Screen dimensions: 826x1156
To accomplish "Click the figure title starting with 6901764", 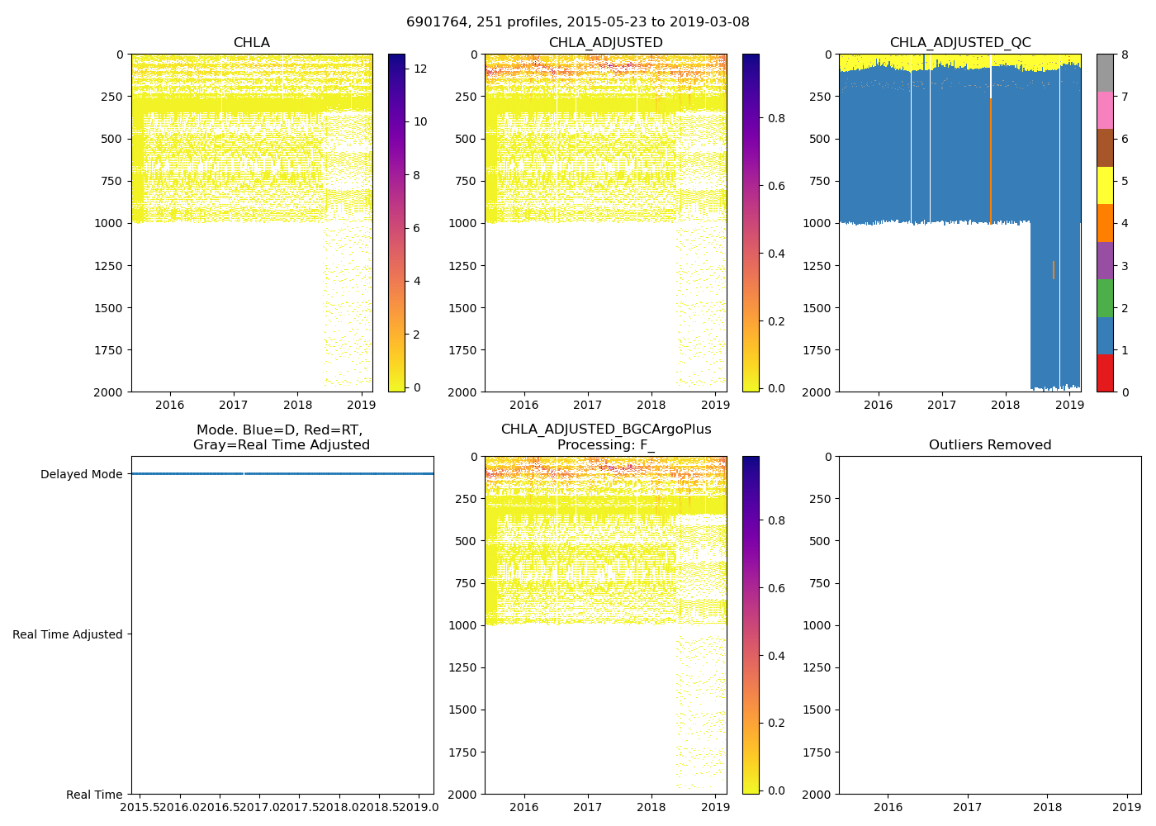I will (577, 22).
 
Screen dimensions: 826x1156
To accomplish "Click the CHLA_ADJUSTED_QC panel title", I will (959, 43).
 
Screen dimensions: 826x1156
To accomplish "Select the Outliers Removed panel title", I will (989, 445).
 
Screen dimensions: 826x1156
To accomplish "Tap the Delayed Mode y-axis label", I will (81, 474).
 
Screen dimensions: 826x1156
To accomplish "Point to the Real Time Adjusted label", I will (68, 634).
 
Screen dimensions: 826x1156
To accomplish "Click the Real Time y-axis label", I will (94, 795).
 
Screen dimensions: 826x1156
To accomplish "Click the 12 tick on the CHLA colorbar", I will (420, 69).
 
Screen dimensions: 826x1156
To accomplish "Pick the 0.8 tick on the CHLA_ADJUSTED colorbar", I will (776, 118).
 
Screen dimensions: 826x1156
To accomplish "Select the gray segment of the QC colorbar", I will (1105, 73).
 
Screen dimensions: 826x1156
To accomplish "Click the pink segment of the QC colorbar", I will (1105, 110).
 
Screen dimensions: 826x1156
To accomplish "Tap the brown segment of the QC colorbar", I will (1105, 148).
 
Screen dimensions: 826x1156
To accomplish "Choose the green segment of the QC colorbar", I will (1105, 298).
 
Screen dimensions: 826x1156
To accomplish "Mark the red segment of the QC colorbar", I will (1105, 373).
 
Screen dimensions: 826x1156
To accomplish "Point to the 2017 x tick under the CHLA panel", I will (234, 405).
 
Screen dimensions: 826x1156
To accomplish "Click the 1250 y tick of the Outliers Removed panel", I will (816, 667).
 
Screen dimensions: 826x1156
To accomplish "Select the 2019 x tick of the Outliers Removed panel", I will (1127, 807).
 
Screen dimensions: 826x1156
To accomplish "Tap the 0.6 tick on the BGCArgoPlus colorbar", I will (776, 588).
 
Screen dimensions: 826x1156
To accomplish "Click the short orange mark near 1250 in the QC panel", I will (1054, 270).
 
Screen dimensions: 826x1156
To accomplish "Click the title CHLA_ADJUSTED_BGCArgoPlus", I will (605, 430).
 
